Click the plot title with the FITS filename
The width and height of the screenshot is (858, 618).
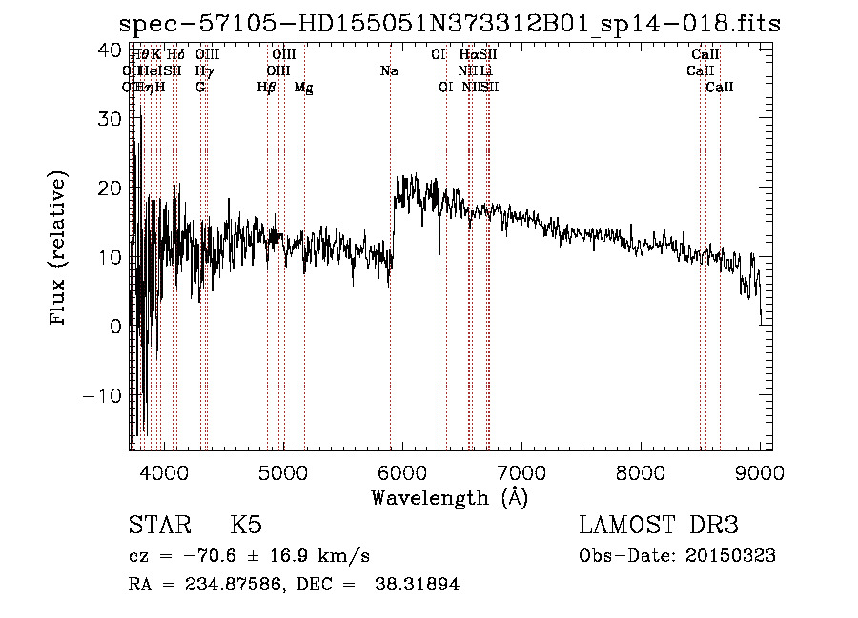pos(449,24)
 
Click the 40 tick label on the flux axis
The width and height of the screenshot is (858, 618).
pos(111,50)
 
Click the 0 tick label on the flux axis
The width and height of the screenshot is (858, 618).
pos(116,327)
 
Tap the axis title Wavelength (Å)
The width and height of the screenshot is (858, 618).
pos(449,497)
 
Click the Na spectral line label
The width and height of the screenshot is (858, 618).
pos(389,71)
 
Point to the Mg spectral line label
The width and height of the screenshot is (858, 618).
pos(303,88)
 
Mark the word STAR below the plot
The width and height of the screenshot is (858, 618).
pos(158,526)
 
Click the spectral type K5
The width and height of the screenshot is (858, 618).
pos(246,526)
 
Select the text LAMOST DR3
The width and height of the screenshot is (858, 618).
pos(658,526)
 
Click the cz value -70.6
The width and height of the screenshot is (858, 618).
pos(197,556)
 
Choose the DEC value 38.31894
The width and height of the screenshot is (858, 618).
pos(419,585)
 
